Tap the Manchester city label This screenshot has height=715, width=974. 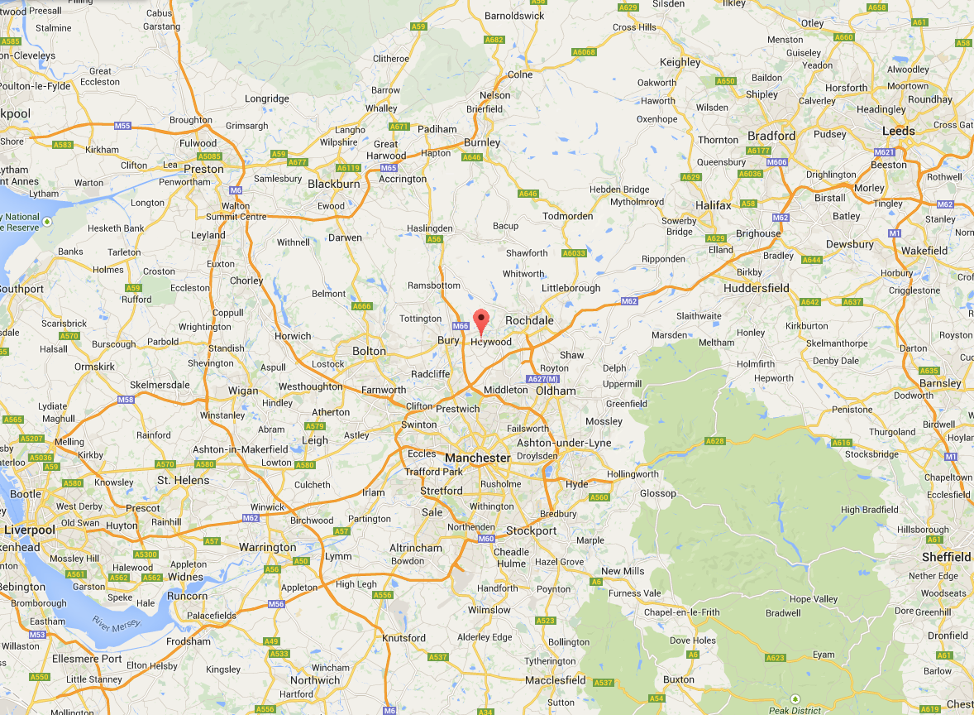[x=477, y=458]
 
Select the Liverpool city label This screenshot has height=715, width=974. [x=30, y=530]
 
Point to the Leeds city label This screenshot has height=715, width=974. [x=898, y=131]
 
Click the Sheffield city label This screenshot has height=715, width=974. [x=946, y=557]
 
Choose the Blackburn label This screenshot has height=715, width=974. [x=334, y=184]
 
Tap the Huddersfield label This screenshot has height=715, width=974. [x=756, y=288]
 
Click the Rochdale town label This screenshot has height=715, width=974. [x=529, y=320]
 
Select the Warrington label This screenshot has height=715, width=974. [x=267, y=547]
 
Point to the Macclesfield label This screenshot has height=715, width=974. [x=556, y=680]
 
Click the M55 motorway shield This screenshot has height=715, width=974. [x=122, y=126]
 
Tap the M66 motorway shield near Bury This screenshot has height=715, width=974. [x=460, y=326]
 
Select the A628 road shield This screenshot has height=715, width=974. [x=714, y=441]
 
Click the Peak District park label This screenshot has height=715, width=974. [x=794, y=710]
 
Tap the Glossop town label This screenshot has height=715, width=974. [x=658, y=493]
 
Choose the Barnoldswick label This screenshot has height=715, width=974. [x=514, y=16]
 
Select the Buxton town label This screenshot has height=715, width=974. [x=679, y=680]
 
